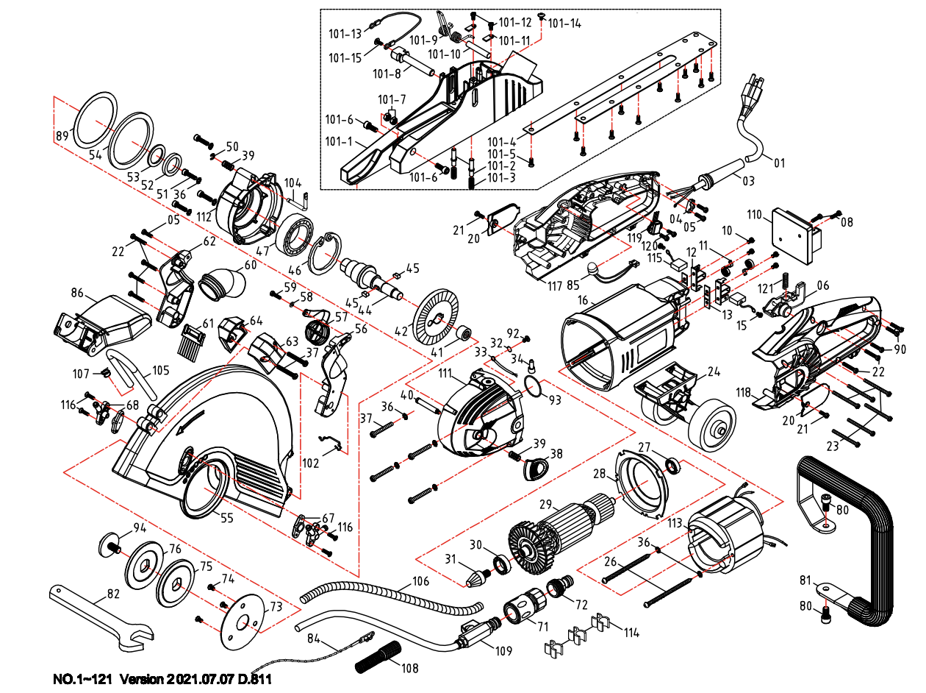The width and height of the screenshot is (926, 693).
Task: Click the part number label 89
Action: coord(62,135)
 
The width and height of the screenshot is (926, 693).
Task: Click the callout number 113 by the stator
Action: coord(675,524)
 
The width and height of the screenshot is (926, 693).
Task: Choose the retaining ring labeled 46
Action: coord(324,252)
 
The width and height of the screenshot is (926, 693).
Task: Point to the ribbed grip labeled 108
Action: coord(378,656)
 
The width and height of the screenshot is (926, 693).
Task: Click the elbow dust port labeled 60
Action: coord(221,285)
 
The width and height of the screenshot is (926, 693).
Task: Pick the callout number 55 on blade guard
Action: coord(227,519)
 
